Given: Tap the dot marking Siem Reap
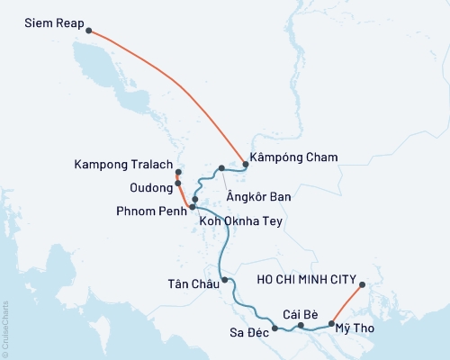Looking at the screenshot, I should (88, 31).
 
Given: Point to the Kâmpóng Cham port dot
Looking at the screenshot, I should (244, 164).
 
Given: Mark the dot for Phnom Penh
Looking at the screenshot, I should (192, 207).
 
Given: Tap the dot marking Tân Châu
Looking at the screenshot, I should (225, 280).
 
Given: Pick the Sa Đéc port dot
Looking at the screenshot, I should (274, 316).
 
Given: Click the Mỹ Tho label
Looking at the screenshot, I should (354, 329).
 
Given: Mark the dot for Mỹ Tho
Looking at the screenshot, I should (332, 323).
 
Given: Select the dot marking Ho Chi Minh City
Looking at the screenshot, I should (362, 286).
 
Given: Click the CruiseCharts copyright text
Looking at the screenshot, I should (5, 328).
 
